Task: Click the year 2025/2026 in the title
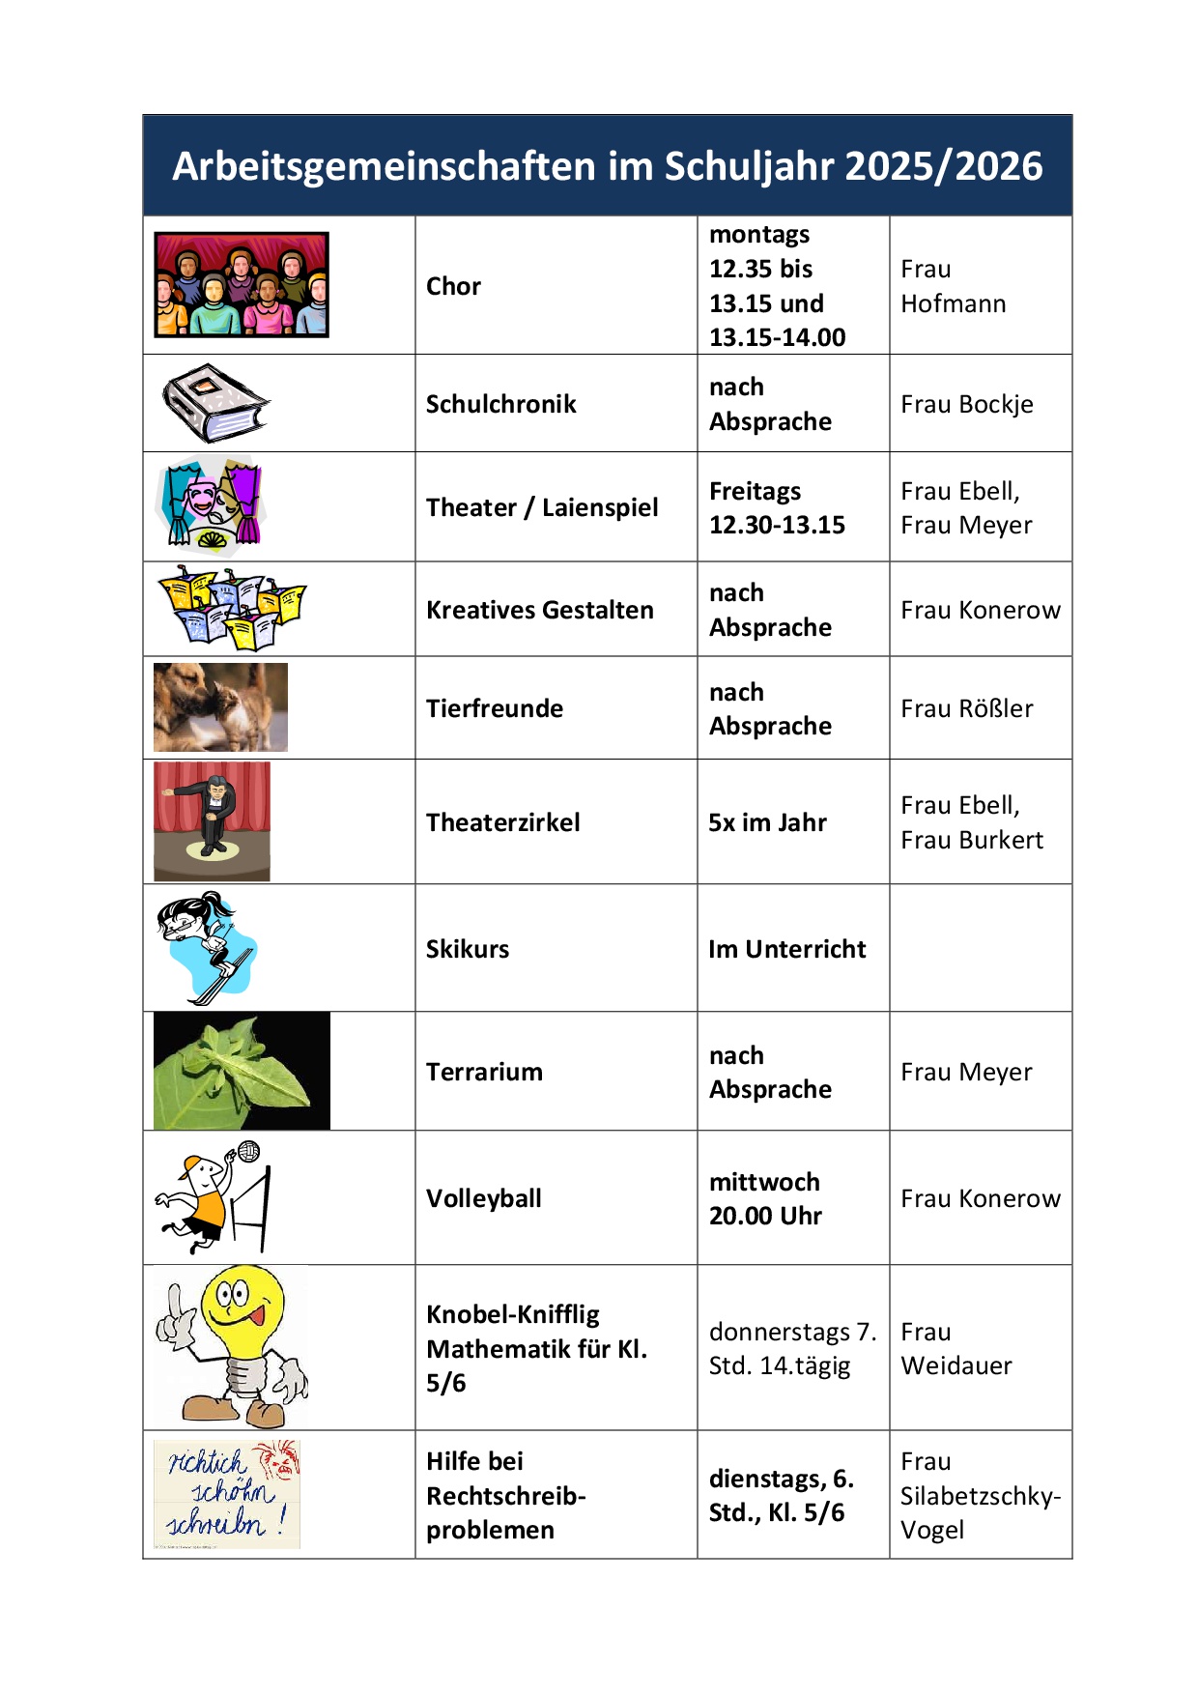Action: (x=943, y=166)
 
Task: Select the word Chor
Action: (x=453, y=286)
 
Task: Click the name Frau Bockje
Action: (x=966, y=404)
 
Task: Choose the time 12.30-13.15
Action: (x=777, y=525)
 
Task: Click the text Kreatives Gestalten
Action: (x=539, y=610)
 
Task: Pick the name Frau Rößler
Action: (x=966, y=708)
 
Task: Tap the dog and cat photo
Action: (x=220, y=707)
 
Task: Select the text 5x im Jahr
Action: (x=767, y=822)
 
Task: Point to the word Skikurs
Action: (x=467, y=949)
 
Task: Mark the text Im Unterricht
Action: (x=786, y=949)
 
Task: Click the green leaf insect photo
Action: (x=242, y=1071)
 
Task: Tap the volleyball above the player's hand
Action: (x=248, y=1152)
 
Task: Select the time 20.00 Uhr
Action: (x=765, y=1216)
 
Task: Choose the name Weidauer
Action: (x=956, y=1365)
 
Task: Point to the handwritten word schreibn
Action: (x=214, y=1524)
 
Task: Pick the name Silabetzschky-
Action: (x=980, y=1496)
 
